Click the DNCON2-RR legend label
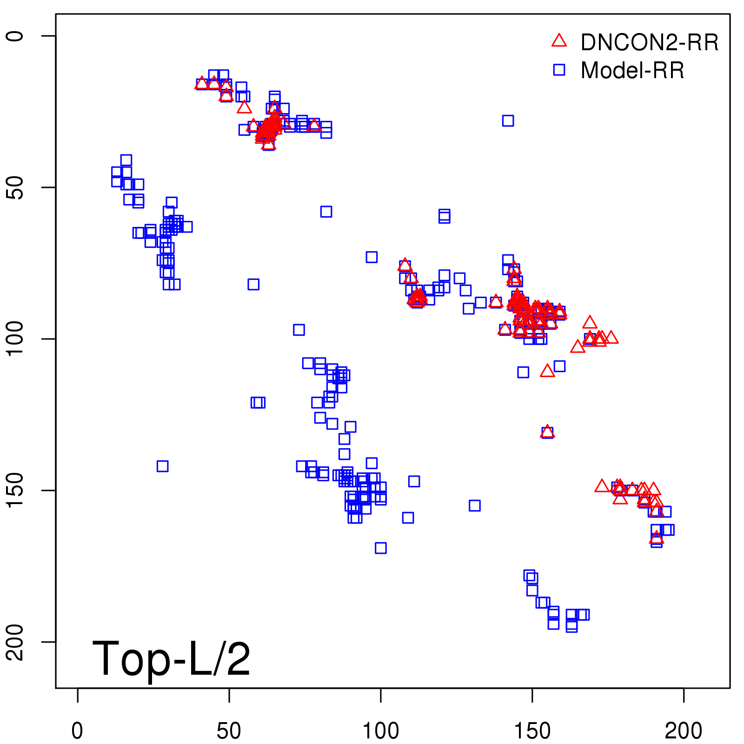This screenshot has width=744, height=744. coord(649,43)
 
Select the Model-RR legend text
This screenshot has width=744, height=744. coord(632,71)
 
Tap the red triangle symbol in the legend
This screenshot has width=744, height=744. coord(559,41)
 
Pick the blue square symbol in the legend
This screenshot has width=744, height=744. coord(559,70)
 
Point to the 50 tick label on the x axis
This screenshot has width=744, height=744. coord(229,731)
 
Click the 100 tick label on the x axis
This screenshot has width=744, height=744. coord(380,731)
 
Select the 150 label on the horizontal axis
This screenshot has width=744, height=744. coord(532,731)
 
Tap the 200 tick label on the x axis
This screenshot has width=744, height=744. coord(684,731)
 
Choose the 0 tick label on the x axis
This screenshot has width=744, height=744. coord(77,731)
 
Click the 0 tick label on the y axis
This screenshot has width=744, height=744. coord(15,36)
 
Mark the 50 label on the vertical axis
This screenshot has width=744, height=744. coord(15,187)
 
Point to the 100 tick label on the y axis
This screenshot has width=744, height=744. coord(15,339)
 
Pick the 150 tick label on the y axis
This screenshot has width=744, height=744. coord(15,491)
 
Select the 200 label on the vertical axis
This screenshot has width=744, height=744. coord(15,642)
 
